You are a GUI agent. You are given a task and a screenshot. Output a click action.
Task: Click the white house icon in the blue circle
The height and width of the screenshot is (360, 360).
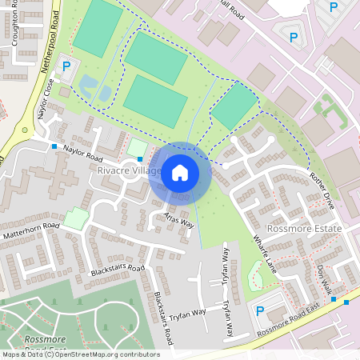click(x=179, y=172)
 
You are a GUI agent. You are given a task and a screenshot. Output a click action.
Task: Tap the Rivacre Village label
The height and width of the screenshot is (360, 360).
click(x=128, y=171)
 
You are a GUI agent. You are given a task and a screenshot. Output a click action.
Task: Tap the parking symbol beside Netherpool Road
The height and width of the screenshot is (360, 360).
click(x=67, y=67)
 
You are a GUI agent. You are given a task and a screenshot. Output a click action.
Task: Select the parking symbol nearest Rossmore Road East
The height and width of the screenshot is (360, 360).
click(x=259, y=310)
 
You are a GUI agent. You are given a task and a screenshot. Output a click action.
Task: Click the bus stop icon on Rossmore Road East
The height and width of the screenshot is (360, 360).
click(x=346, y=302)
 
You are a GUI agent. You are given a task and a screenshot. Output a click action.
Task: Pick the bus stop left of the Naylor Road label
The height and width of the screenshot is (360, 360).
click(x=54, y=146)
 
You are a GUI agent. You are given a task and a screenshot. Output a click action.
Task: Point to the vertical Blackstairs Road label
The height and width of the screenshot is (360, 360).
click(x=163, y=317)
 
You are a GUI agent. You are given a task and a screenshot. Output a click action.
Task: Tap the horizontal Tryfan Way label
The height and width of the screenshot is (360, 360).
click(x=187, y=311)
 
